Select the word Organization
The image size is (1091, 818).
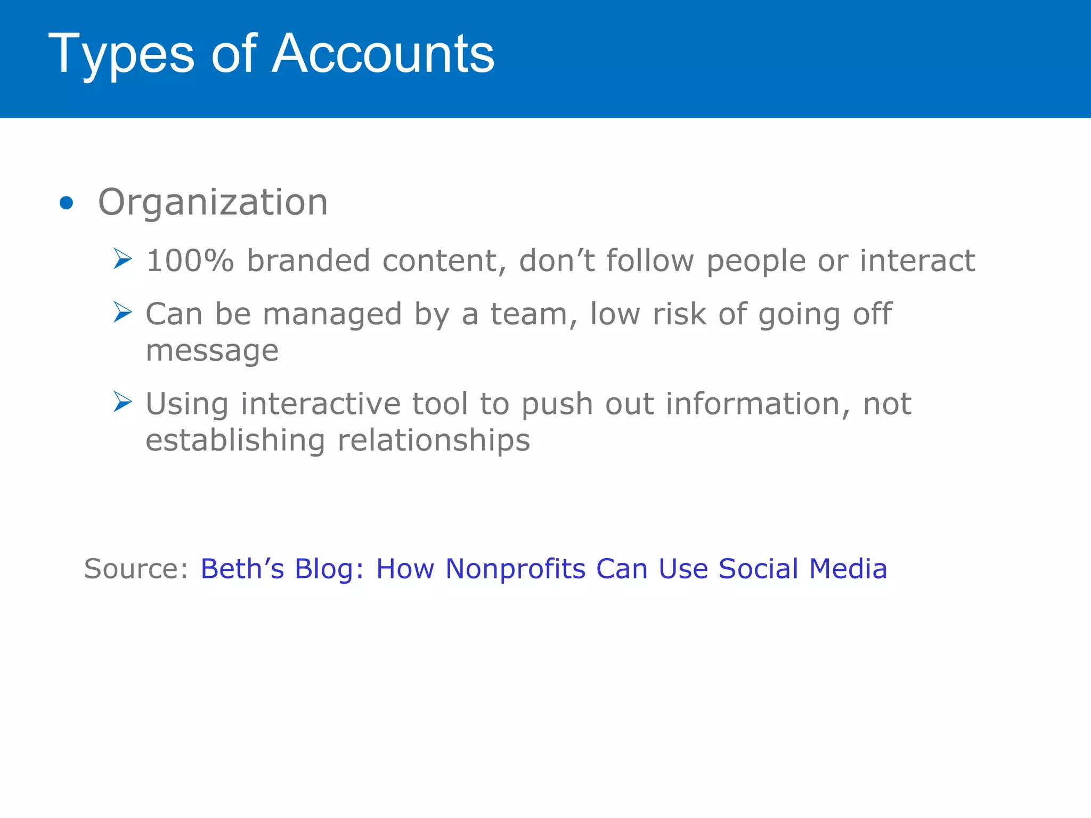213,203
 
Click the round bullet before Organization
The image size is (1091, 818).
67,203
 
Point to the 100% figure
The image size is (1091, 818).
190,261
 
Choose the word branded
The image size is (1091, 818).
308,261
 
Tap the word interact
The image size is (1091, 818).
917,261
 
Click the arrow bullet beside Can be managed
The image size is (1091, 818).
123,312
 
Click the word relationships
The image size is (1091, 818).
434,441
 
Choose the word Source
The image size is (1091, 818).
136,569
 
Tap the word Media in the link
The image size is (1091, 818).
848,569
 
